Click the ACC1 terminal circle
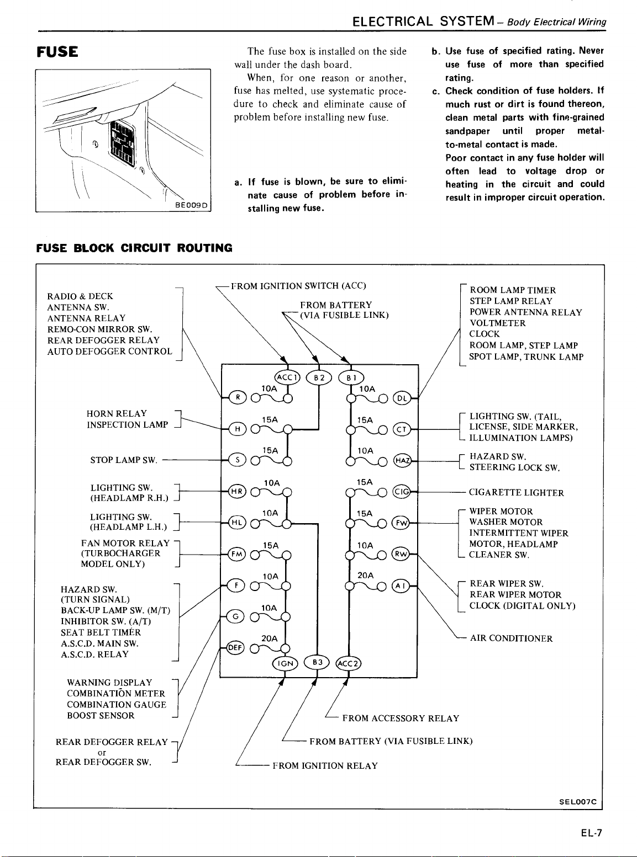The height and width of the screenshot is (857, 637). [x=287, y=377]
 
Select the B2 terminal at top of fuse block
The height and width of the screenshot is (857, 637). [x=319, y=377]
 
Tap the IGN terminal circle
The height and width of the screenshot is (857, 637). [x=285, y=663]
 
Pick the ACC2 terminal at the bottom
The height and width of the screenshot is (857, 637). [x=349, y=663]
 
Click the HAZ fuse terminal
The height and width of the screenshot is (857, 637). [x=402, y=461]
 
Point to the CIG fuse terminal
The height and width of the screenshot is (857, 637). [x=402, y=492]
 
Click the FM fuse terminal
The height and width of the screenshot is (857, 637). [x=238, y=555]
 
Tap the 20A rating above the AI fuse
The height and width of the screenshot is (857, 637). [x=366, y=575]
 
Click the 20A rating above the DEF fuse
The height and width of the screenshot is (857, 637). [x=270, y=638]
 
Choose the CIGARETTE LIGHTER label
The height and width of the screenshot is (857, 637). [x=516, y=493]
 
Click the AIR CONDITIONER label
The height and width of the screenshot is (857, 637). [x=511, y=638]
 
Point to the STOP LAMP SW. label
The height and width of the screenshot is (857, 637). [x=124, y=460]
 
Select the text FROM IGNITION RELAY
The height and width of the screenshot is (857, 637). [x=325, y=766]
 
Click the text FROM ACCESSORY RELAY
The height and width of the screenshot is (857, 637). [x=401, y=718]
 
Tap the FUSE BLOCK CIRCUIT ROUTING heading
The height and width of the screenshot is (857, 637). [x=134, y=248]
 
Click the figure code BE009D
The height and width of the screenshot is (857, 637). [x=191, y=205]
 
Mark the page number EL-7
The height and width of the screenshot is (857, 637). [x=591, y=833]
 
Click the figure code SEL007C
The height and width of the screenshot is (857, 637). [x=578, y=802]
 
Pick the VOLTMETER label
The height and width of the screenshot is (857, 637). [x=497, y=323]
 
